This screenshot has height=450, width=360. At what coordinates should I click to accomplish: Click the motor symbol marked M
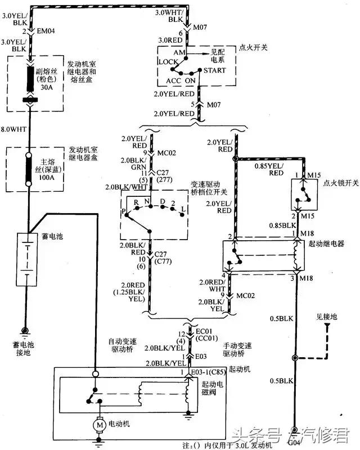click(100, 425)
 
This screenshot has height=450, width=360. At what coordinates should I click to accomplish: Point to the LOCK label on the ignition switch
click(168, 61)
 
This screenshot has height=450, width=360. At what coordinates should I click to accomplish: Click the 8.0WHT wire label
click(14, 128)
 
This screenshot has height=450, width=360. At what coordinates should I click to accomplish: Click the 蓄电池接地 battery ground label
click(24, 348)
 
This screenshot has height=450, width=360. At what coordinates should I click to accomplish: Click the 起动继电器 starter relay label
click(325, 244)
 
